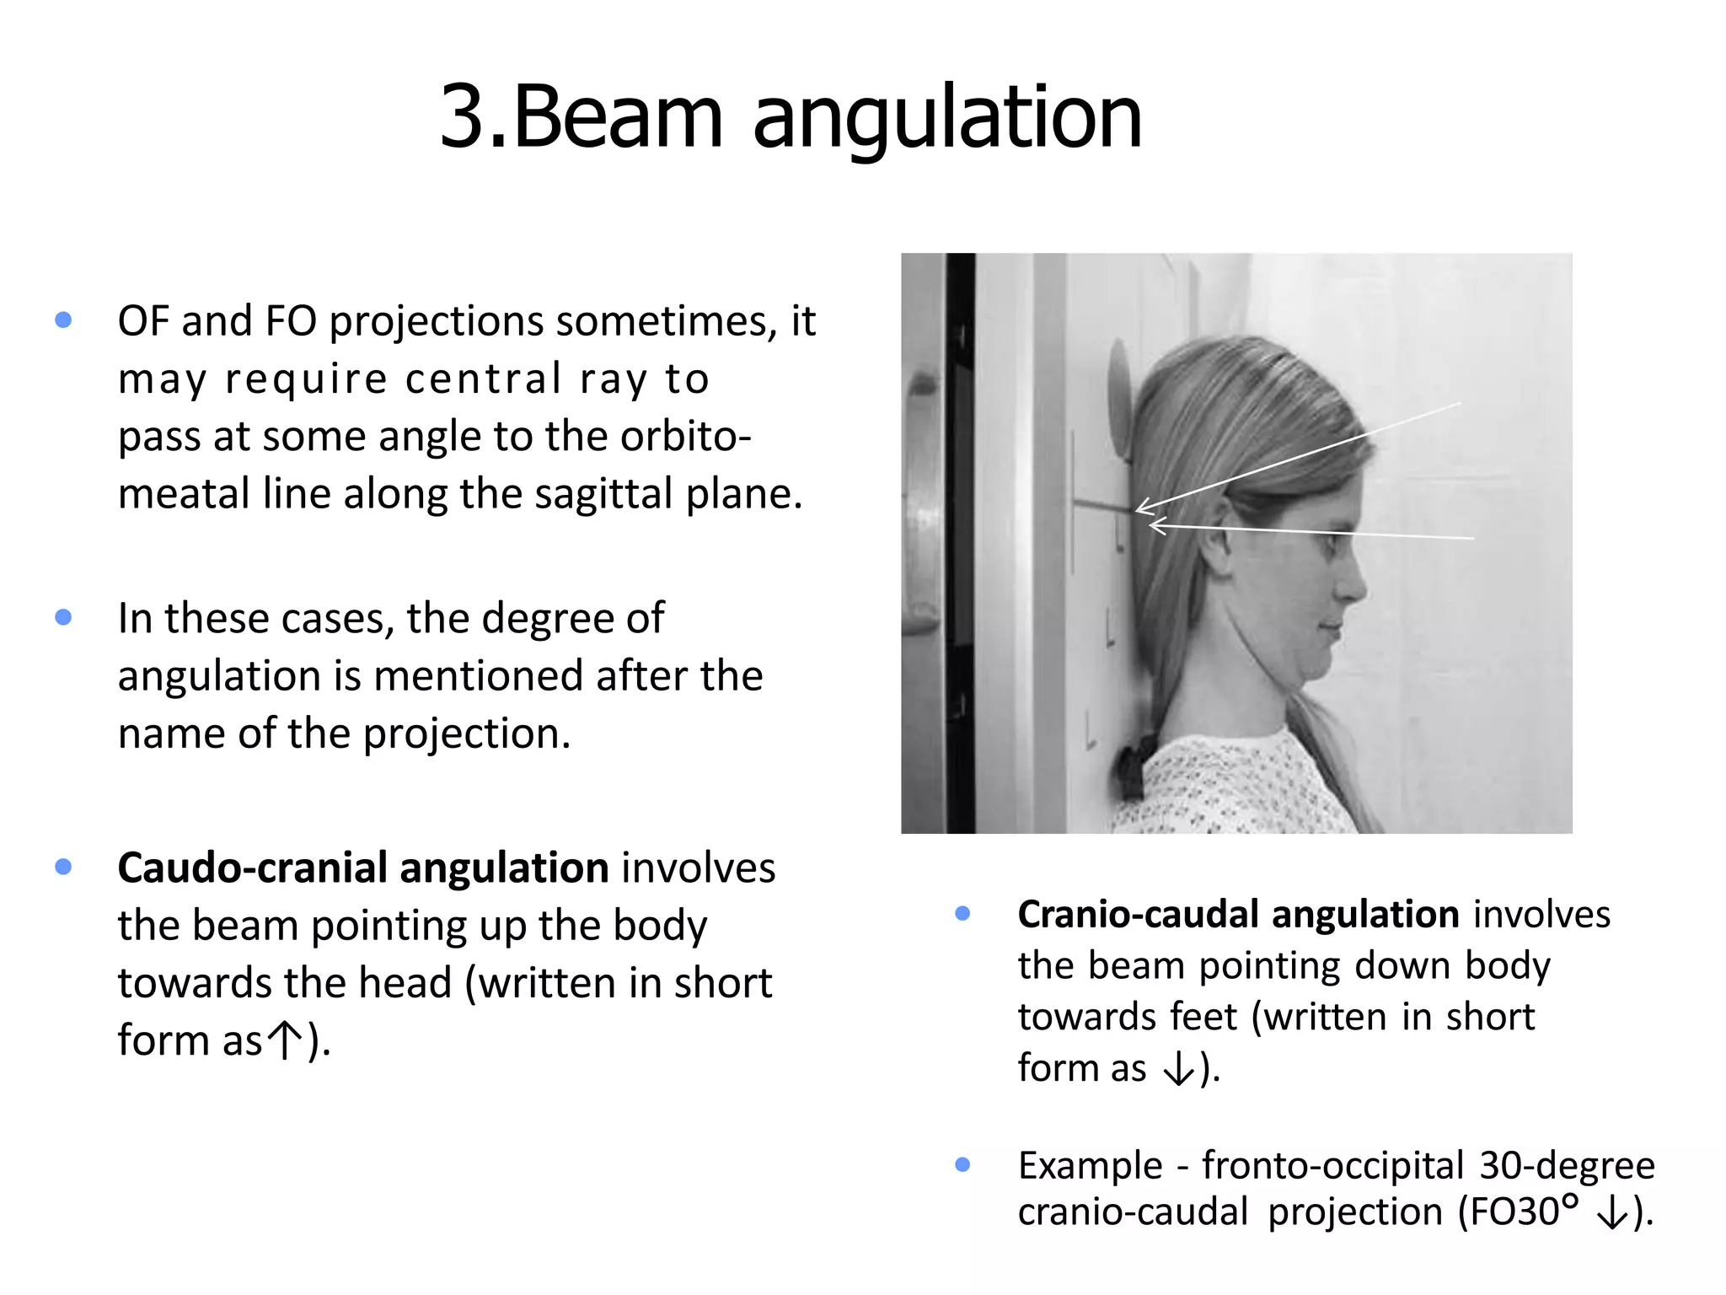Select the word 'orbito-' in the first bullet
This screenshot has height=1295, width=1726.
pyautogui.click(x=685, y=436)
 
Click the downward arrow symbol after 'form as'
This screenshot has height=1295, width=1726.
pyautogui.click(x=1178, y=1069)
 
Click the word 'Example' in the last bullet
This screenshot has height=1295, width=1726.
pyautogui.click(x=1090, y=1166)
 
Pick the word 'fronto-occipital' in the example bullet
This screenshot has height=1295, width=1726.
pyautogui.click(x=1332, y=1166)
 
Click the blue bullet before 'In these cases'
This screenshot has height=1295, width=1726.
pyautogui.click(x=63, y=617)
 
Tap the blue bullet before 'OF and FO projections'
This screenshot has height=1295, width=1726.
pyautogui.click(x=63, y=320)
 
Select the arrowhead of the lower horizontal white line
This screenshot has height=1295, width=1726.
pyautogui.click(x=1155, y=526)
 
